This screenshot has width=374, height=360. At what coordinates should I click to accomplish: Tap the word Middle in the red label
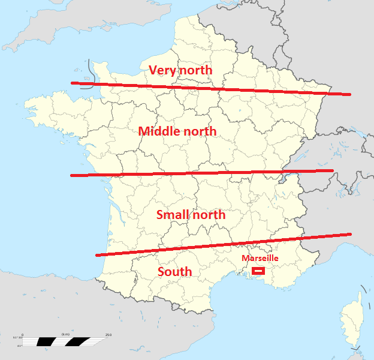pyautogui.click(x=159, y=131)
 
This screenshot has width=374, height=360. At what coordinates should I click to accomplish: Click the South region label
pyautogui.click(x=174, y=272)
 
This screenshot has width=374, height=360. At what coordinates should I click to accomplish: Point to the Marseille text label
pyautogui.click(x=260, y=258)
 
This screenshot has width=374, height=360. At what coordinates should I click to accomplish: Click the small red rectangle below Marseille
pyautogui.click(x=258, y=271)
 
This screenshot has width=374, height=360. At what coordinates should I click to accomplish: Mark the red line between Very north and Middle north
pyautogui.click(x=210, y=89)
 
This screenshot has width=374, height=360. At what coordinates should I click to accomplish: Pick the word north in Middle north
pyautogui.click(x=199, y=131)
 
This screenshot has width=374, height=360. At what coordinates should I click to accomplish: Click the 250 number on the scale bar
pyautogui.click(x=108, y=335)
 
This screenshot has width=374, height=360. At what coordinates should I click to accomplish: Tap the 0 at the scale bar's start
pyautogui.click(x=23, y=335)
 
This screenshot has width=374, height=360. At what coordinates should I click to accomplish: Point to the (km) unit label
pyautogui.click(x=65, y=334)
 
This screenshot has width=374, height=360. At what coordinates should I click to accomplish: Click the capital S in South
pyautogui.click(x=161, y=272)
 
